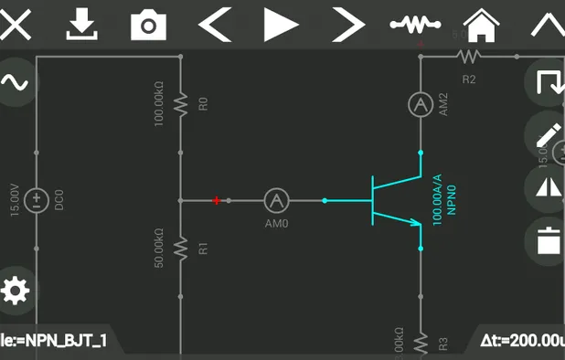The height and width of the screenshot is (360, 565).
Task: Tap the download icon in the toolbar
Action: pos(82,24)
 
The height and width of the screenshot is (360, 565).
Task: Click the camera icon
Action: pos(148,25)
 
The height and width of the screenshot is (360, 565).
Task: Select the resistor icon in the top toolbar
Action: pos(415,24)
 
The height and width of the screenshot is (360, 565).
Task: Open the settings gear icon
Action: pos(15,291)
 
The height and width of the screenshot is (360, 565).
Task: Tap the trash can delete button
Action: pos(548,241)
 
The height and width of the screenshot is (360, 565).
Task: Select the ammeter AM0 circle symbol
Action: pos(276,199)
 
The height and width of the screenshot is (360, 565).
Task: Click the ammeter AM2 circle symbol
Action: pos(420,105)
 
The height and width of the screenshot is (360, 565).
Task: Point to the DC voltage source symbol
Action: pos(37,199)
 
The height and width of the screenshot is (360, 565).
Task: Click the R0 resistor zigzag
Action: pos(181,104)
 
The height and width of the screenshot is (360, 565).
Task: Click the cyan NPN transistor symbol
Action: pos(390,199)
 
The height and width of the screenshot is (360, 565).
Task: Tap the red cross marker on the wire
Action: pos(217,199)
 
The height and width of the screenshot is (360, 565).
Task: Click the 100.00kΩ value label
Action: pos(159,104)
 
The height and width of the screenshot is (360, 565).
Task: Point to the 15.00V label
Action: pos(14,199)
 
